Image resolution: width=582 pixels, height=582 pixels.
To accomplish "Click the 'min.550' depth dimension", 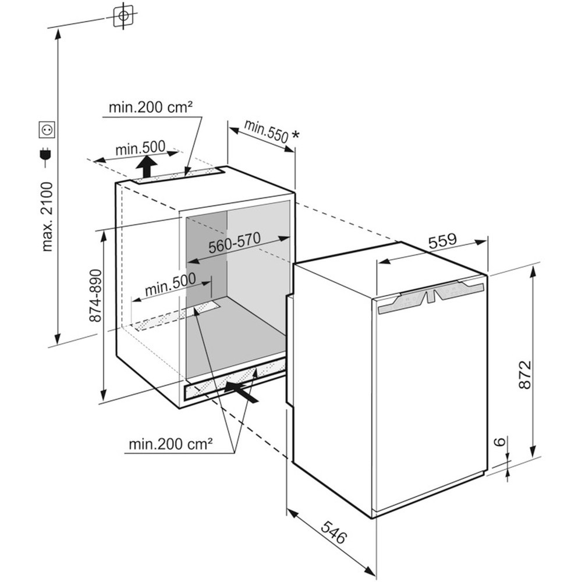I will pyautogui.click(x=265, y=132).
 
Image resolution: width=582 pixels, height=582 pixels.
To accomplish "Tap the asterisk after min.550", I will pyautogui.click(x=296, y=136).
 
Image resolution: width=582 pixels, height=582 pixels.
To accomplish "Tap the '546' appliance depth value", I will pyautogui.click(x=333, y=531).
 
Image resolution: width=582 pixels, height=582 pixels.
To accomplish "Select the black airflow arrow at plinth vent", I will pyautogui.click(x=241, y=392).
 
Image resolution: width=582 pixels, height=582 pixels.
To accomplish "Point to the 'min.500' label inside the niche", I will pyautogui.click(x=170, y=282).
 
